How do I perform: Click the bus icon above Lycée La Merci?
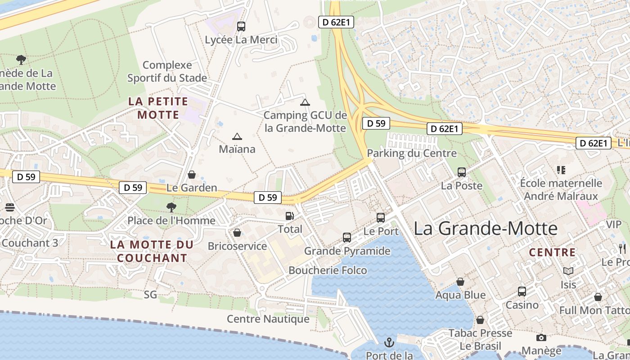click(241, 27)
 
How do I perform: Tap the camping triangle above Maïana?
click(237, 136)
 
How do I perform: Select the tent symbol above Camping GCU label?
click(305, 102)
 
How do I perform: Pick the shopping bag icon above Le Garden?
click(192, 175)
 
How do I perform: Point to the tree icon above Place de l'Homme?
click(171, 207)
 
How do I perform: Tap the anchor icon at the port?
click(389, 343)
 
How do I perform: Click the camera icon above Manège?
click(541, 337)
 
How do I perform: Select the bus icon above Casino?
click(522, 292)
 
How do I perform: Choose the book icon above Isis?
click(568, 271)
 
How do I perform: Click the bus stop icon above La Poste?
click(462, 172)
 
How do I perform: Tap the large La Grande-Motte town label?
click(486, 228)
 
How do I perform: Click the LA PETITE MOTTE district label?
click(158, 108)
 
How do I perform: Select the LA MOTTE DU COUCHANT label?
click(152, 252)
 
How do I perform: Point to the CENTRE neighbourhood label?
click(552, 252)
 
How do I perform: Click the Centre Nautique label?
click(268, 319)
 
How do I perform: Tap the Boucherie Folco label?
click(328, 270)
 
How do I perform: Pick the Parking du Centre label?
click(412, 153)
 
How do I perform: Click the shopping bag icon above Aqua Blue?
click(460, 282)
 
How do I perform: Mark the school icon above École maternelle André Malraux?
click(561, 170)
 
